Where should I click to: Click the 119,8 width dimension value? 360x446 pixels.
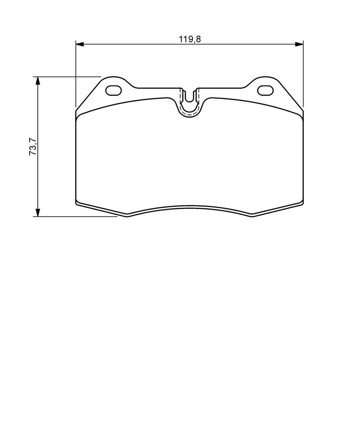point(190,39)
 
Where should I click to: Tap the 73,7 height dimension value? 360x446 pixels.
point(33,146)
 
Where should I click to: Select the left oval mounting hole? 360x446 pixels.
point(114,91)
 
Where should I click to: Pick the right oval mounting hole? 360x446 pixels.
point(265,91)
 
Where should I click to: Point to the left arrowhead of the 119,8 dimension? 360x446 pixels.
point(80,44)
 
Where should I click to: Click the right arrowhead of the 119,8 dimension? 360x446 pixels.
point(299,44)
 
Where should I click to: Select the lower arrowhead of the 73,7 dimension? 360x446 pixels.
point(37,212)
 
